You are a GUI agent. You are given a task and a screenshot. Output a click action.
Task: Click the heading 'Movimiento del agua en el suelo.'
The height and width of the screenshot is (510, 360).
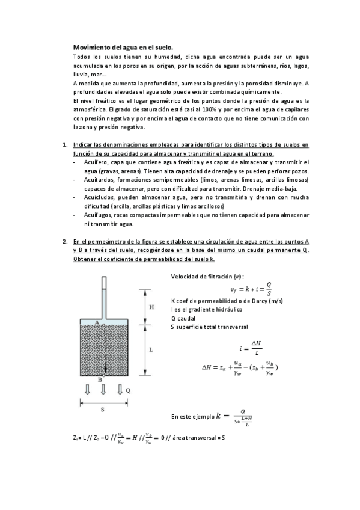123,46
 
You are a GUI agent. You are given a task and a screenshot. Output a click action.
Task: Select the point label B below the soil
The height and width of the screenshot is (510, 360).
100,379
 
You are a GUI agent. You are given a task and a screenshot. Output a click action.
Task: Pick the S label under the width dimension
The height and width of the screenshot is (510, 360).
103,408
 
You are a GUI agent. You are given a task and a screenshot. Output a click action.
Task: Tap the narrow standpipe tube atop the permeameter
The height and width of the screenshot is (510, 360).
105,295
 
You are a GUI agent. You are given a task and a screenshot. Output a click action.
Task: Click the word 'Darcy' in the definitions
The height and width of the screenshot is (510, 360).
258,300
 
